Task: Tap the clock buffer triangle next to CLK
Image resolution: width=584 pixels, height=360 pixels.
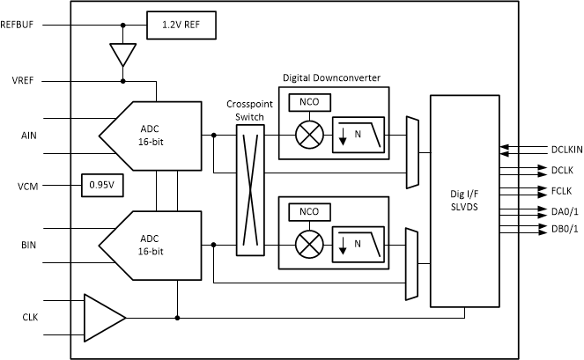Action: point(101,317)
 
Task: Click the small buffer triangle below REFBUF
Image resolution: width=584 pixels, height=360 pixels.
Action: point(122,55)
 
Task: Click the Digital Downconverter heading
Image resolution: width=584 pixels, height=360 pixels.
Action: point(331,77)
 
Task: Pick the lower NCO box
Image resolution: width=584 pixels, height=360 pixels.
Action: point(309,212)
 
